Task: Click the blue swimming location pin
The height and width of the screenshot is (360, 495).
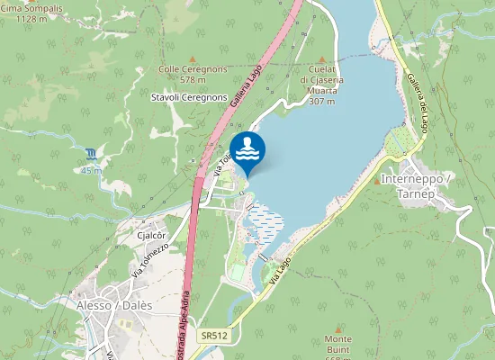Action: click(x=247, y=150)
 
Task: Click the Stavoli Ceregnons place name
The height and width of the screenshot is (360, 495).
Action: click(x=189, y=97)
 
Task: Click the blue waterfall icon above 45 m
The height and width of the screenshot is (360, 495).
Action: click(x=91, y=153)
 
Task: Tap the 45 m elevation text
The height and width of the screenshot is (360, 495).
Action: click(x=91, y=170)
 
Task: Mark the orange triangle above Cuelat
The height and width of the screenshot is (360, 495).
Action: click(x=321, y=59)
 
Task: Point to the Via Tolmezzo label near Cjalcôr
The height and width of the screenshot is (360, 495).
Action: click(x=150, y=259)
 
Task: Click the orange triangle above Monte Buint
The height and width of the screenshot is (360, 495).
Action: click(x=338, y=328)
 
